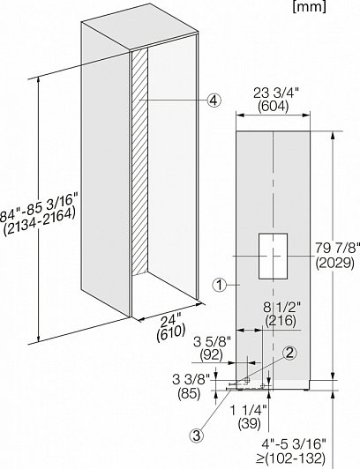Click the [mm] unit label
[310, 6]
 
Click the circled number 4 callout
[214, 100]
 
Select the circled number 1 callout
[220, 286]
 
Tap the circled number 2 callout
[289, 354]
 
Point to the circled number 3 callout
[196, 435]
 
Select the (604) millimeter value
[274, 107]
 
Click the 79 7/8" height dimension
[337, 248]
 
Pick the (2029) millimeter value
[335, 263]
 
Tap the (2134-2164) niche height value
[39, 221]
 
